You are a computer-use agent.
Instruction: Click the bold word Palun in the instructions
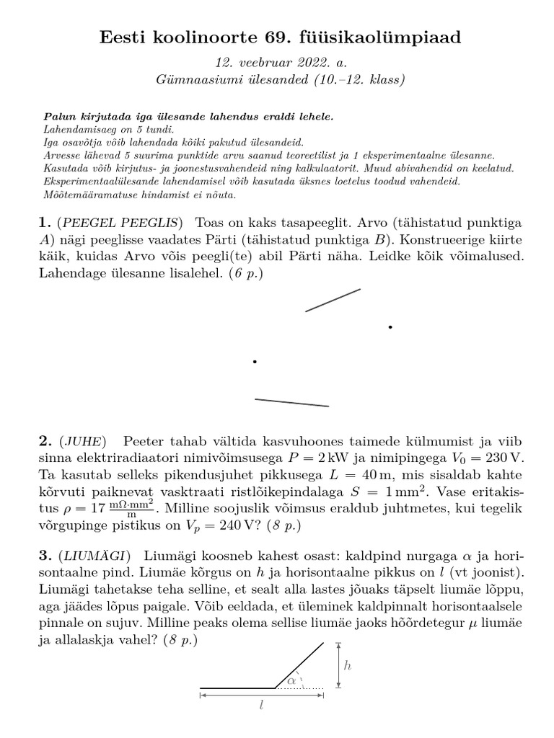[59, 117]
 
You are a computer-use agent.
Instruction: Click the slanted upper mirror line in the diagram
[333, 301]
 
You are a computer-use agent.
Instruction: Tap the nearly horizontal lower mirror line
[291, 402]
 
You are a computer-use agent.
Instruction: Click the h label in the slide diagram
[347, 665]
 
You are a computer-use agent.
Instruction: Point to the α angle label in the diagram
[292, 679]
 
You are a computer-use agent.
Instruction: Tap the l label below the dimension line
[261, 707]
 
